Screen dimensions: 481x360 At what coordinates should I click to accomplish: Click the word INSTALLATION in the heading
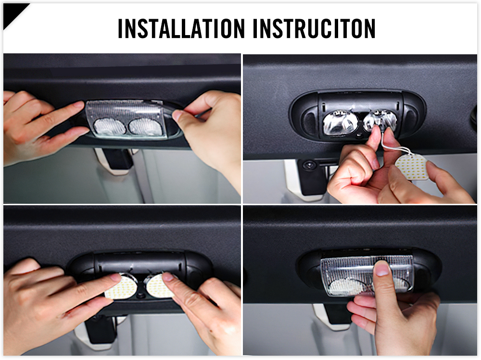(x=181, y=28)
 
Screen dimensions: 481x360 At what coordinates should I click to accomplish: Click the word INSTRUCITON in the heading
(x=314, y=28)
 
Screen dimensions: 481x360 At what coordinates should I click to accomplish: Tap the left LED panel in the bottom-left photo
(x=120, y=287)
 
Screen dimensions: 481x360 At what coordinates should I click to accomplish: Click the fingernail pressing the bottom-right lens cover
(x=382, y=269)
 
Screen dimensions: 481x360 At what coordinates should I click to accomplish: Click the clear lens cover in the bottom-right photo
(x=367, y=276)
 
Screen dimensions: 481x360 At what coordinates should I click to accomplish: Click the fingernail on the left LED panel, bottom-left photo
(x=115, y=277)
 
